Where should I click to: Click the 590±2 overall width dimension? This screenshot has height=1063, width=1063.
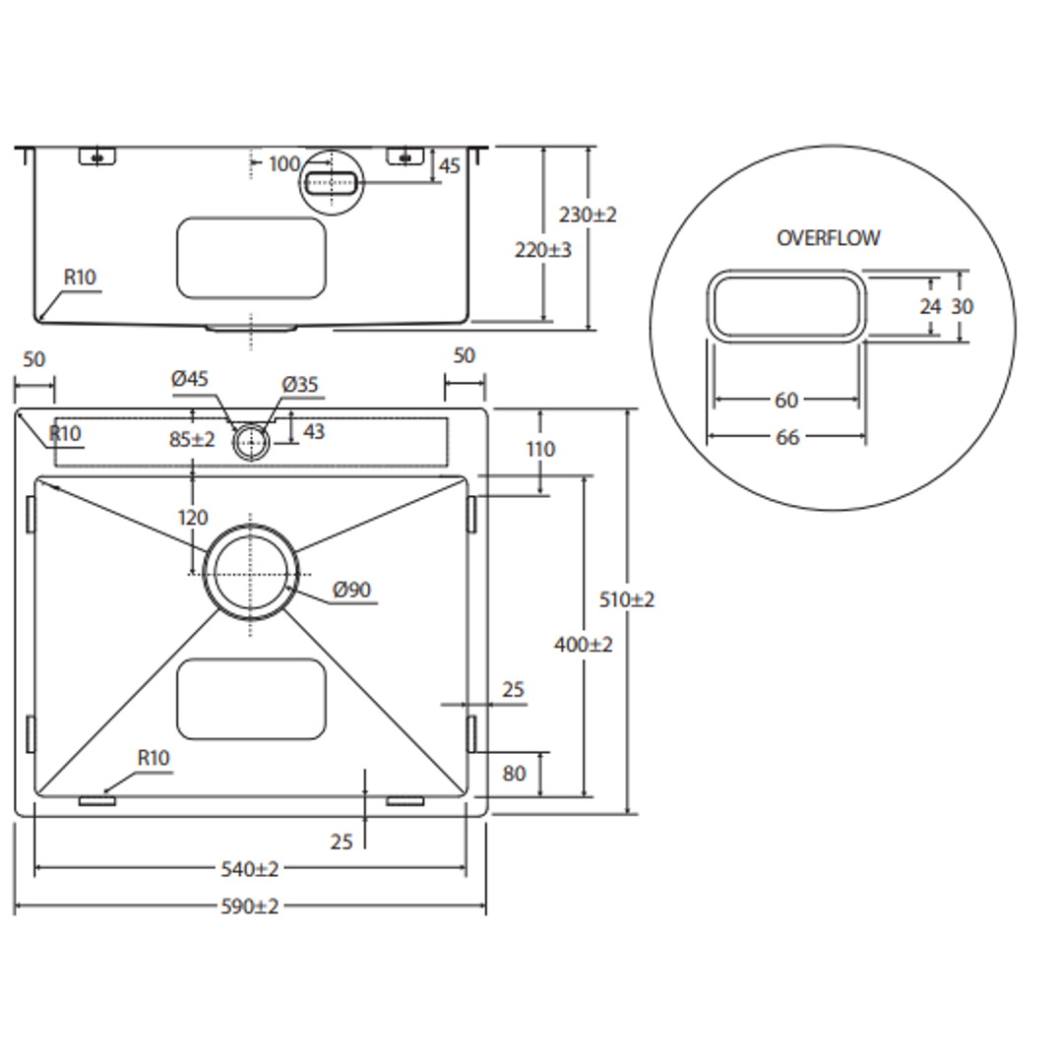pos(249,907)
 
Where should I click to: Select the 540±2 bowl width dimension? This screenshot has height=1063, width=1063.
pos(249,869)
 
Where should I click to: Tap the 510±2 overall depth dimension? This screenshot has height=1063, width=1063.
pos(627,599)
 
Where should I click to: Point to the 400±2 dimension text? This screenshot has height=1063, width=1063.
pos(584,645)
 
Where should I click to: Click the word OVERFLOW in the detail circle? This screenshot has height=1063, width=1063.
pos(828,238)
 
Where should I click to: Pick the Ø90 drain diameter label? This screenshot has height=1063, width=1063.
pos(351,591)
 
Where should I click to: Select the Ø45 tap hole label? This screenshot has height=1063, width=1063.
pos(190,379)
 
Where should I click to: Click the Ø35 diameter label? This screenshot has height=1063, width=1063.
pos(300,385)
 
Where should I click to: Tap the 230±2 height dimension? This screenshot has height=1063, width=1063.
pos(588,215)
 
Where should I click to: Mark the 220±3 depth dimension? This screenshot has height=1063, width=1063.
pos(543,250)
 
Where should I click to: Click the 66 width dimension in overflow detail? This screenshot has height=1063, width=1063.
pos(787,438)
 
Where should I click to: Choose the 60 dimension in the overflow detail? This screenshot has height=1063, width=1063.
pos(786,401)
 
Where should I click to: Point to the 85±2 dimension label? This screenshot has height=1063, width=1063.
pos(192,440)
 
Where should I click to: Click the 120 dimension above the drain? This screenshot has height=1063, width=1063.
pos(193,518)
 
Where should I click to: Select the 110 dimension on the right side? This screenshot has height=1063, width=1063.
pos(540,450)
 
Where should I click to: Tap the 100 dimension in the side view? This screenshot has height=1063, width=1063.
pos(283,163)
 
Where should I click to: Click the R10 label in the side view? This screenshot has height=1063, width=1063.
pos(81,278)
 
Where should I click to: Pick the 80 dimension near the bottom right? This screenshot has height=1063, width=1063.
pos(514,775)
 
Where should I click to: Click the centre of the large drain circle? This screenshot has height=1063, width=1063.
pos(250,573)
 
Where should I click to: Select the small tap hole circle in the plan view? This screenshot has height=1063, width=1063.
pos(251,443)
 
